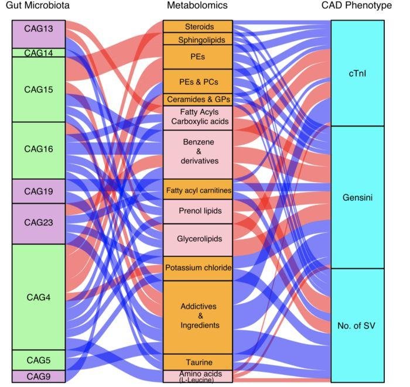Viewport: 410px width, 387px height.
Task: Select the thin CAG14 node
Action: pos(38,53)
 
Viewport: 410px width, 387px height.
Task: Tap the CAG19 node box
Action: pos(38,191)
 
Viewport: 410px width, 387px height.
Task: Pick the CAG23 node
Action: pos(38,223)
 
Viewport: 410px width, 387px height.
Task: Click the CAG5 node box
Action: pos(38,360)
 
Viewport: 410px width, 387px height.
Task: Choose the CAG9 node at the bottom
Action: pos(38,376)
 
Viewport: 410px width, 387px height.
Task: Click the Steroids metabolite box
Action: pos(199,27)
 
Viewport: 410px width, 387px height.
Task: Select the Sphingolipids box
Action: pos(199,39)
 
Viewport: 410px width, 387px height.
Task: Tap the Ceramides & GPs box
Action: pos(199,99)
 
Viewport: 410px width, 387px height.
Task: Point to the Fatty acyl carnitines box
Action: pos(199,190)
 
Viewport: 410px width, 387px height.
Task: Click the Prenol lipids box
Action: pos(199,210)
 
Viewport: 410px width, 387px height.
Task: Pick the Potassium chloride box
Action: pos(199,268)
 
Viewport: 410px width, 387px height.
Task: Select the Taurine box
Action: pos(199,362)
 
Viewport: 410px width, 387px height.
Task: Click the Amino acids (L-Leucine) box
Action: pos(199,376)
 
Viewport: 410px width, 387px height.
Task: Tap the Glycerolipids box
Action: pos(199,239)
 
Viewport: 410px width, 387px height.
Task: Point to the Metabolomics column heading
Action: pos(199,6)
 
